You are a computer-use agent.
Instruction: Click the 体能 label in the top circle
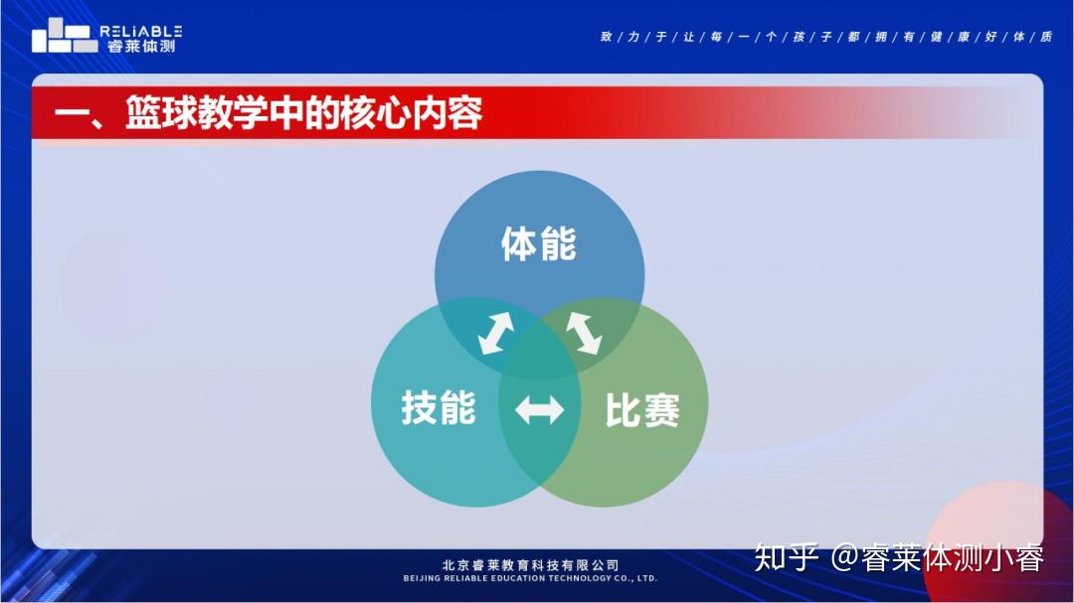click(539, 243)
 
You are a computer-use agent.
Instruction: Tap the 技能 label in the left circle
click(439, 407)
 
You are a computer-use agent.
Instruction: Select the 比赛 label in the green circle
click(642, 410)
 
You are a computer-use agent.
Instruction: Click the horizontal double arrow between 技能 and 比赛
click(540, 410)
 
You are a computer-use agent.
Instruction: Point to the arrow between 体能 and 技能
click(496, 334)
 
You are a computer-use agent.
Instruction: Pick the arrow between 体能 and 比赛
click(584, 334)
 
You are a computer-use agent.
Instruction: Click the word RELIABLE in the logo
click(141, 32)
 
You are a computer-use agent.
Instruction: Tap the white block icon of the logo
click(65, 36)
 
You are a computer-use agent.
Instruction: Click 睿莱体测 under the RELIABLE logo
click(141, 46)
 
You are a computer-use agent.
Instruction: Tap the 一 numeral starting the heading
click(72, 114)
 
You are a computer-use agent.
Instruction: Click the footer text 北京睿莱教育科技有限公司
click(531, 565)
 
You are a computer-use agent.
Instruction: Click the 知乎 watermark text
click(787, 557)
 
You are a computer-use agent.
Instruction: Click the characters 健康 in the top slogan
click(950, 37)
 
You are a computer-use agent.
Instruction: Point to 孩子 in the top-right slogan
click(812, 37)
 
